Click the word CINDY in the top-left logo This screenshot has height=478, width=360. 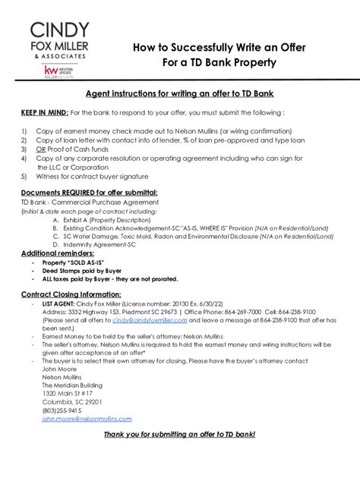[x=60, y=30]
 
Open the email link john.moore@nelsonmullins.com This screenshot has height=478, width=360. [x=87, y=418]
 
